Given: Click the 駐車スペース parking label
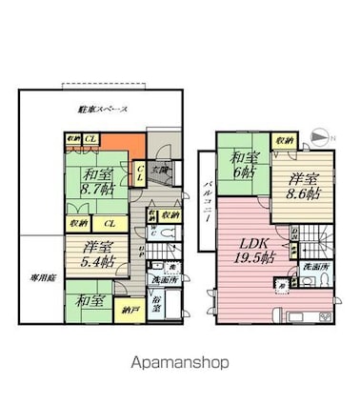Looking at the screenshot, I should pos(103,111).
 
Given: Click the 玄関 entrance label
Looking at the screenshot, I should pos(164,171).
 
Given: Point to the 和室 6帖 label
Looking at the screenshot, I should pos(242,165).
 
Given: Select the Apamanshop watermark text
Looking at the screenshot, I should pos(179,363).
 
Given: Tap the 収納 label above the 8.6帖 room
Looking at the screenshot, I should pos(282,141).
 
